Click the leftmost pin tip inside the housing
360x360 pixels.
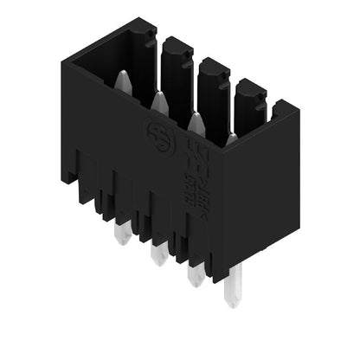click(x=121, y=80)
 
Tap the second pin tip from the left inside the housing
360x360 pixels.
click(x=159, y=103)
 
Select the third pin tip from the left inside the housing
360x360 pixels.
click(x=196, y=124)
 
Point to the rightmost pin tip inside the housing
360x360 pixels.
click(x=231, y=138)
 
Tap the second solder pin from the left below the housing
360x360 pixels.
click(x=157, y=254)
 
